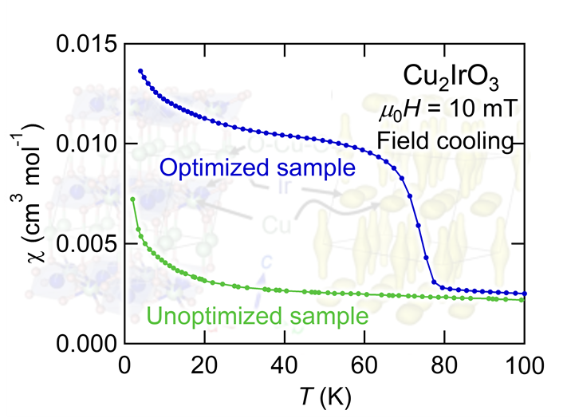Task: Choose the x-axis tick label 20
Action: [205, 369]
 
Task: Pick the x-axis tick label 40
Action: [285, 369]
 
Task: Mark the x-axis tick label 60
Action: [364, 369]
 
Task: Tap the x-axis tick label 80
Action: [444, 369]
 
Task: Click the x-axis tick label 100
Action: [524, 369]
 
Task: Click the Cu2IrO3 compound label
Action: [451, 79]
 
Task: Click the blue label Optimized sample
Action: [256, 168]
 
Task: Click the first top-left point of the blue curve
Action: [140, 71]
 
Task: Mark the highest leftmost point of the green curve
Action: [132, 199]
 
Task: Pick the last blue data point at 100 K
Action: [524, 294]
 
